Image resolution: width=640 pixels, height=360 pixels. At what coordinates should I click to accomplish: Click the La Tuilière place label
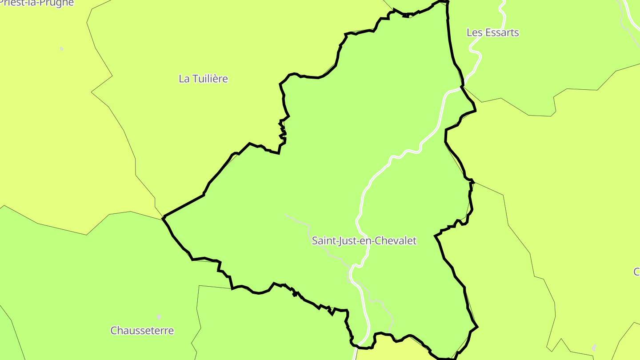click(203, 79)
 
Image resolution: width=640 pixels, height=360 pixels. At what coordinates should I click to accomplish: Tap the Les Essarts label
click(492, 32)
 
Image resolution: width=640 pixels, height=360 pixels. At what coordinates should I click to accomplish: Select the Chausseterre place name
click(142, 331)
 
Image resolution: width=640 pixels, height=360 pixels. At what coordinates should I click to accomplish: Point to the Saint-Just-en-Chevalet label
click(364, 241)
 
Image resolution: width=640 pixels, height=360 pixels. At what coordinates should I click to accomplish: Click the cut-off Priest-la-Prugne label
click(37, 3)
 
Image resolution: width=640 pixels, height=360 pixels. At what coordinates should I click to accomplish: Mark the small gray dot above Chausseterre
click(159, 317)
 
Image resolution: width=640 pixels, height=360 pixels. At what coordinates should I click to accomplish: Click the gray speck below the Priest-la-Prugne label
click(61, 48)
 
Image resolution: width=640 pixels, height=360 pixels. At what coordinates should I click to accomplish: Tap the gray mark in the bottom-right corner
click(594, 348)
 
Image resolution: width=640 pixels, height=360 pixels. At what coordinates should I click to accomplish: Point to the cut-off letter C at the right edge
click(636, 272)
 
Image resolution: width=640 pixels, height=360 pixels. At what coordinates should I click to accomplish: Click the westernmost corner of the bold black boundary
click(164, 217)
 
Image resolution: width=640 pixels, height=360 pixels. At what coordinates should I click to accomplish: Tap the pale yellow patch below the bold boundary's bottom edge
click(391, 351)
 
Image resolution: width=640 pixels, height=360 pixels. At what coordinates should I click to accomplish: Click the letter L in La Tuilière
click(181, 79)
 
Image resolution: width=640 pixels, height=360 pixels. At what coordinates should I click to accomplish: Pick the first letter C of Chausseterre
click(114, 331)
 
